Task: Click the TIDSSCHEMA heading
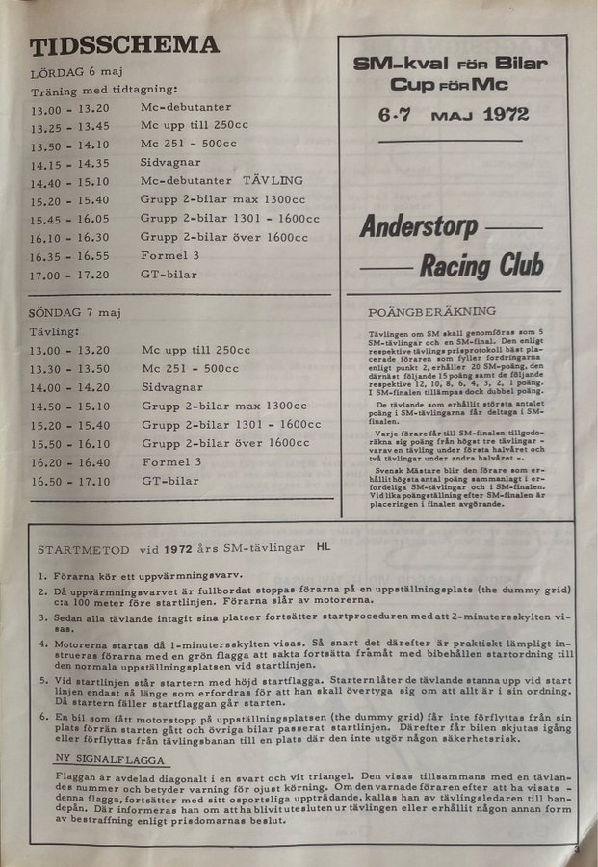[124, 45]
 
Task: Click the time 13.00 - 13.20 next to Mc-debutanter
[69, 110]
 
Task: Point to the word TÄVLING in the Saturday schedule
[273, 180]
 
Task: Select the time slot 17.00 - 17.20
[69, 275]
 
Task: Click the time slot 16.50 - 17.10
[70, 481]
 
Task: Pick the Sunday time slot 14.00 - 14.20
[70, 387]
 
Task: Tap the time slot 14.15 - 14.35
[69, 163]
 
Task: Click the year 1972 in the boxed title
[506, 115]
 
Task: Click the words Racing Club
[481, 264]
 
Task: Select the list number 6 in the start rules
[43, 718]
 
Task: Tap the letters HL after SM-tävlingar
[323, 547]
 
